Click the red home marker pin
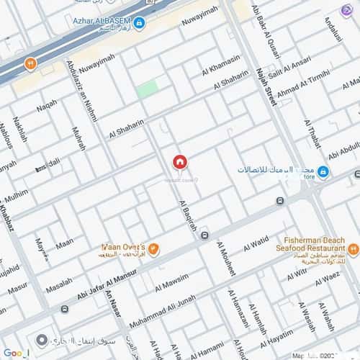click(x=179, y=163)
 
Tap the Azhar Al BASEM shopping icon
click(x=140, y=23)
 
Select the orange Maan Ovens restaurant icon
click(x=153, y=249)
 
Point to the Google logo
click(x=16, y=352)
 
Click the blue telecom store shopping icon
click(x=323, y=171)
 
